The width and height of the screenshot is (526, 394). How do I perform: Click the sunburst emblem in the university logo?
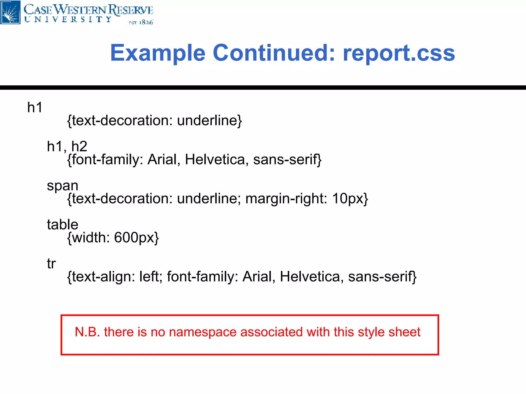(10, 12)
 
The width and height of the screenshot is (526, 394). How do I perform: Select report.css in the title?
(399, 53)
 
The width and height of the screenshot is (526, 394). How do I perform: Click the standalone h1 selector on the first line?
(35, 107)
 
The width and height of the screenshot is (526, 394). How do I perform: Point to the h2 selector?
(79, 146)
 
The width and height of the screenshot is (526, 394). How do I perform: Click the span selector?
(62, 185)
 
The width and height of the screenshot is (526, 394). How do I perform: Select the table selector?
(62, 224)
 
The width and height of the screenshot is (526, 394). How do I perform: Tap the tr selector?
(51, 263)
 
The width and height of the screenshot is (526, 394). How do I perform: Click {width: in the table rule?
(89, 238)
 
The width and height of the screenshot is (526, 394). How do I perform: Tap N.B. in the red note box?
(87, 332)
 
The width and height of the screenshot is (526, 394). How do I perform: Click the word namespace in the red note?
(203, 332)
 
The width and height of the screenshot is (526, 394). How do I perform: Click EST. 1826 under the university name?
(141, 23)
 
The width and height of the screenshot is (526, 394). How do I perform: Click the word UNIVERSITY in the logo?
(68, 19)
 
